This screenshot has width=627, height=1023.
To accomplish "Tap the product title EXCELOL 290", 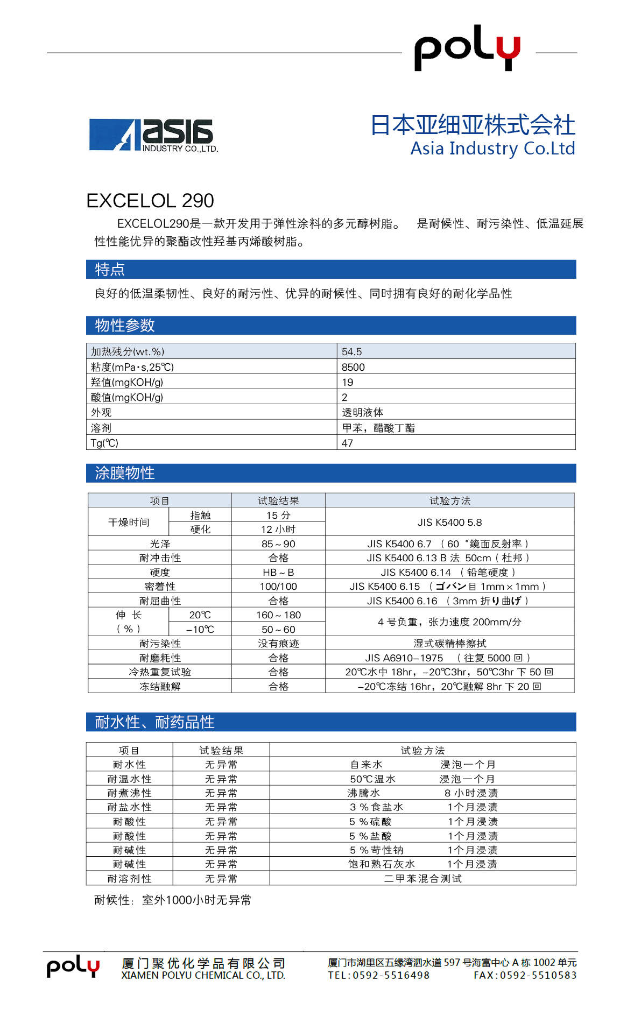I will click(x=150, y=201).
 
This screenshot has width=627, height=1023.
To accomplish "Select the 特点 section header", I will click(x=110, y=269).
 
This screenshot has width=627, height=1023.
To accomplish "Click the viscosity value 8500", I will click(x=353, y=367).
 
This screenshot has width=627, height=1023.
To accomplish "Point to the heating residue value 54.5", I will click(x=352, y=351).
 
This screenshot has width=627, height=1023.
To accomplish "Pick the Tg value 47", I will click(x=348, y=443).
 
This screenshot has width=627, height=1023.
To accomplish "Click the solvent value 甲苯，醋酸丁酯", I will click(x=378, y=428).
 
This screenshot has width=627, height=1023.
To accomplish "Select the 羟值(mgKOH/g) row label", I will click(x=127, y=382).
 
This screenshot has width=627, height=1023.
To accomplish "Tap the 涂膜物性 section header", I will click(x=125, y=473).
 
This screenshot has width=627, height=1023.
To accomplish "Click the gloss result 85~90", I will click(x=278, y=544).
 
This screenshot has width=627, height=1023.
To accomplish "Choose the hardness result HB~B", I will click(x=278, y=572).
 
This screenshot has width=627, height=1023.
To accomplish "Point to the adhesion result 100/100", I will click(x=278, y=587).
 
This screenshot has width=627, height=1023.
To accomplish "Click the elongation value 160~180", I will click(x=278, y=615).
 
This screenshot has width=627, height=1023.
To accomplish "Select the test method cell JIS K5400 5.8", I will click(x=449, y=522).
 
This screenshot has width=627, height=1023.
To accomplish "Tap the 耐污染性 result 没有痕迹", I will click(x=278, y=644).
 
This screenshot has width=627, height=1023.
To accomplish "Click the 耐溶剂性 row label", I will click(x=130, y=879).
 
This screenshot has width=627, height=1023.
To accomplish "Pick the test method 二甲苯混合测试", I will click(x=422, y=879).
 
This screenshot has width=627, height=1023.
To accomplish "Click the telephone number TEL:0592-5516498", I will click(x=379, y=975).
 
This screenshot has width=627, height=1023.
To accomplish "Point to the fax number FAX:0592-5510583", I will click(x=525, y=975).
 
